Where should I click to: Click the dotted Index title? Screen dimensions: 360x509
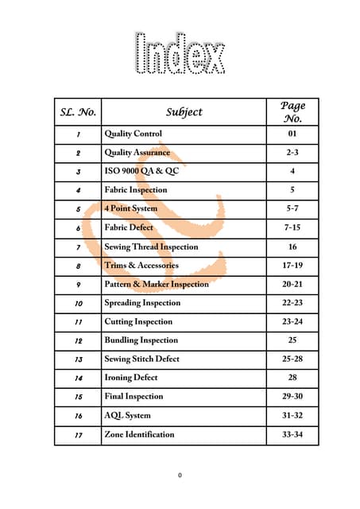coord(180,54)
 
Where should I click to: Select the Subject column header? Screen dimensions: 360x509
coord(184,112)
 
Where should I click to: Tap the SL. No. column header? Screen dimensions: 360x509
coord(78,112)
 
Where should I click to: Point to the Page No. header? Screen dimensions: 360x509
coord(292,112)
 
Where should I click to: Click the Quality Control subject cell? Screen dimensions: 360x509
coord(134,134)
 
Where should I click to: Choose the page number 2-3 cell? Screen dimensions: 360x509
coord(292,153)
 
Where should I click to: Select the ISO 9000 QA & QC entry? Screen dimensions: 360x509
coord(145,171)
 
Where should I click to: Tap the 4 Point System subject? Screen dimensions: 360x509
coord(131,208)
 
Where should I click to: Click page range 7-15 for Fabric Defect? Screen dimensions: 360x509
coord(292,227)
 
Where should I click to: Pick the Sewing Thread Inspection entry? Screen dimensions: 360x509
coord(152,247)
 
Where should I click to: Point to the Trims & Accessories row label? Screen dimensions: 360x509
coord(141,265)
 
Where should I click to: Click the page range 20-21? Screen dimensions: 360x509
coord(292,284)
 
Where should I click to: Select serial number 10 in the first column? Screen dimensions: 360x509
coord(78,303)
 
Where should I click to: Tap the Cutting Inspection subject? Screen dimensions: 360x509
coord(138,321)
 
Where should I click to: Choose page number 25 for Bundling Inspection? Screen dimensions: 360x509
coord(292,340)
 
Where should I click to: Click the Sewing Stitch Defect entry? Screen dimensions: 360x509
coord(142,359)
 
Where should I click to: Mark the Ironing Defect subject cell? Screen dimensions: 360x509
coord(131,378)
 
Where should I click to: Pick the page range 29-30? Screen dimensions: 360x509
coord(292,396)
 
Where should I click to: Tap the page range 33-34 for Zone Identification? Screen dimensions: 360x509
coord(292,434)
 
